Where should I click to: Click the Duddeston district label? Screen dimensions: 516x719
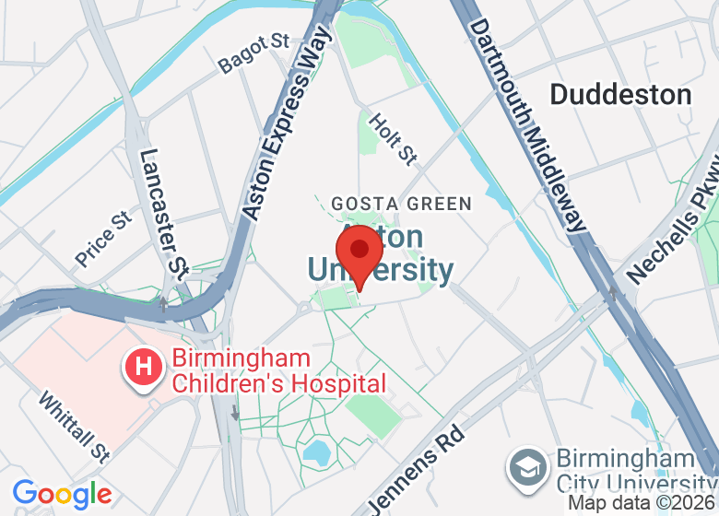[x=620, y=95]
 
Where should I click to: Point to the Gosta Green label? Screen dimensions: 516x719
[x=401, y=204]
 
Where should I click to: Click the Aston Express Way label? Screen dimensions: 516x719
[x=287, y=124]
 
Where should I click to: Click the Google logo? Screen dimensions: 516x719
[x=62, y=495]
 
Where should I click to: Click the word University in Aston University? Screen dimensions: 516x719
[x=380, y=270]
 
